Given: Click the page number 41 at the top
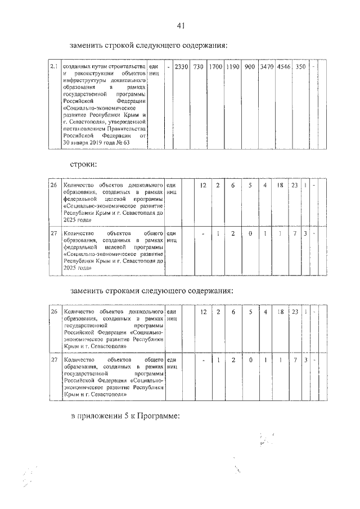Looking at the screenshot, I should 180,25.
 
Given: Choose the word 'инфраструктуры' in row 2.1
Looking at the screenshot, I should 84,81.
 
